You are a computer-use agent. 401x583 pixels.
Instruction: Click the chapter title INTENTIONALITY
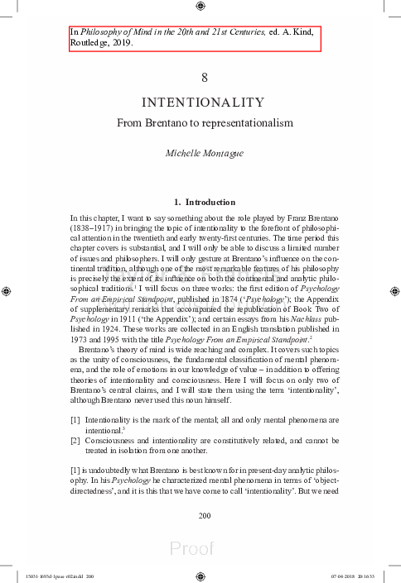(203, 103)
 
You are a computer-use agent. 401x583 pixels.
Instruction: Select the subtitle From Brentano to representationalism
(203, 122)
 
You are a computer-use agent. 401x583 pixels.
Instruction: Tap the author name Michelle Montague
(203, 154)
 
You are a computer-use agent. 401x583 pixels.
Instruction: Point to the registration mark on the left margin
(7, 291)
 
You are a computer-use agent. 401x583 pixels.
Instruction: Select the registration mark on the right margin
(394, 291)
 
